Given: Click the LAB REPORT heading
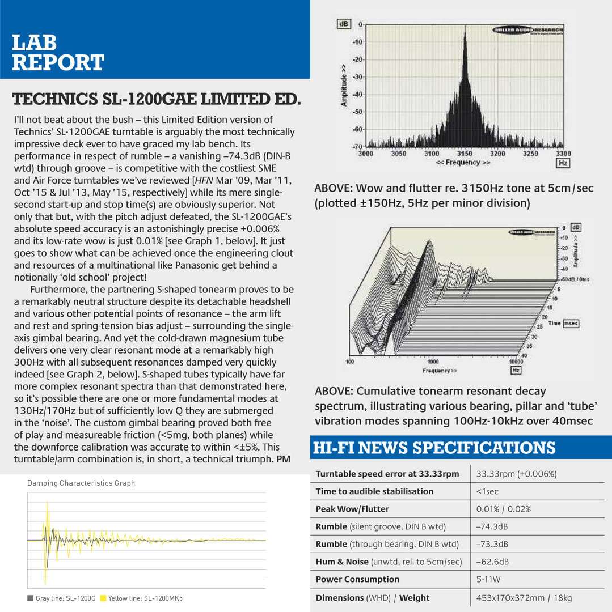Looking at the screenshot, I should pyautogui.click(x=58, y=52).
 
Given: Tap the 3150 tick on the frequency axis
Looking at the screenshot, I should pyautogui.click(x=465, y=154).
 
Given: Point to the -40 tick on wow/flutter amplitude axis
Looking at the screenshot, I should pyautogui.click(x=357, y=95).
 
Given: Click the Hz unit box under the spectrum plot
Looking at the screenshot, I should pyautogui.click(x=563, y=163).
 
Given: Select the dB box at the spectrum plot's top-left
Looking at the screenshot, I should pyautogui.click(x=344, y=24).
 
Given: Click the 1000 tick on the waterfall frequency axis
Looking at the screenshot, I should pyautogui.click(x=433, y=361).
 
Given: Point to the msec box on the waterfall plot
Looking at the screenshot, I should pyautogui.click(x=571, y=323).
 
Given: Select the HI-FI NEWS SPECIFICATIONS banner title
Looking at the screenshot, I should pyautogui.click(x=434, y=448).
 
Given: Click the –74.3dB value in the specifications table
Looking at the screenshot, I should pyautogui.click(x=492, y=526).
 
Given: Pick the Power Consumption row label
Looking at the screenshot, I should pyautogui.click(x=357, y=579).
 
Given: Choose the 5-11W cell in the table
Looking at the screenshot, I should pyautogui.click(x=488, y=579).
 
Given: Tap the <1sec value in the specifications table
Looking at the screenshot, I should pyautogui.click(x=487, y=491).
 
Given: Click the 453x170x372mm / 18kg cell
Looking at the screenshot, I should pyautogui.click(x=524, y=598).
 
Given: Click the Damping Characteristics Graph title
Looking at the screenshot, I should pyautogui.click(x=81, y=483).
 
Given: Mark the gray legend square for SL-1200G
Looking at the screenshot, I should pyautogui.click(x=30, y=598).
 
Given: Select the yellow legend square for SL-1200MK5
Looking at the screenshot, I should pyautogui.click(x=103, y=598).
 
